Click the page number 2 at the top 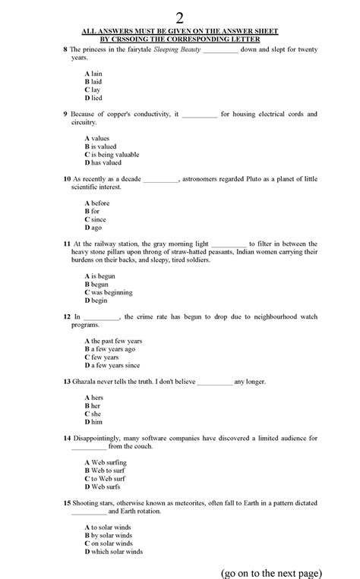coord(179,16)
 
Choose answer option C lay coord(93,90)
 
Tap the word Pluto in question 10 coord(253,179)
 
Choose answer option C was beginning coord(109,292)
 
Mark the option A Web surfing coord(106,462)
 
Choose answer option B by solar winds coord(111,535)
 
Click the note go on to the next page coord(270,571)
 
